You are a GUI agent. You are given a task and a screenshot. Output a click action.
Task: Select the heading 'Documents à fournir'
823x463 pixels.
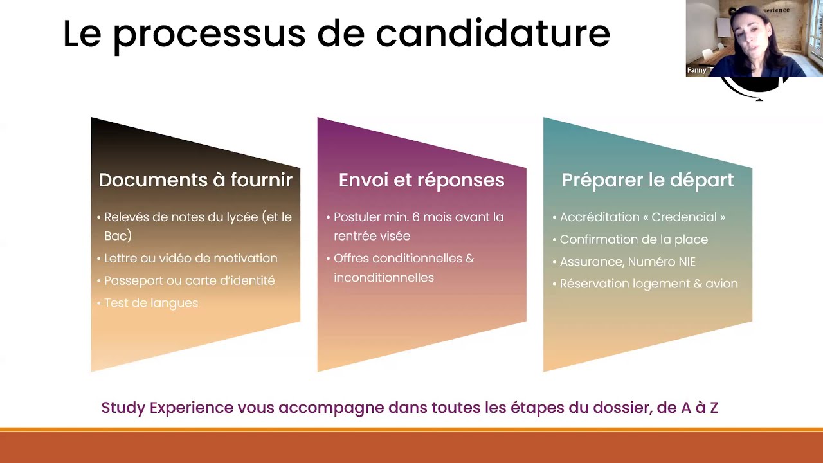click(195, 180)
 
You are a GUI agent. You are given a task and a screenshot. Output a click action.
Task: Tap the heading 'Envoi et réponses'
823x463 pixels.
click(421, 180)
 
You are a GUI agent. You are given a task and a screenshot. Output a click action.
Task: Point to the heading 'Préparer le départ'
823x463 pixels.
click(647, 180)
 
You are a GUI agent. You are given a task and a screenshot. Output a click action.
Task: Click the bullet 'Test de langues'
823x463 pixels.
click(151, 303)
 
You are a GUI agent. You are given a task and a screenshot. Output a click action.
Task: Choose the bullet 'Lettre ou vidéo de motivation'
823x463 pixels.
click(191, 259)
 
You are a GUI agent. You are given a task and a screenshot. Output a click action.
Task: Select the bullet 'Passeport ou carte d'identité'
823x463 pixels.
click(190, 281)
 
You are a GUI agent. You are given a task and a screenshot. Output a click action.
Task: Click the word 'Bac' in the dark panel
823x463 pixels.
click(116, 236)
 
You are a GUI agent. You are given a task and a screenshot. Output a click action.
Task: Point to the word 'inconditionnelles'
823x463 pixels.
click(384, 278)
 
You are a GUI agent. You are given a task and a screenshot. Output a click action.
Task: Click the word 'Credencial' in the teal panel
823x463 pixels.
click(685, 217)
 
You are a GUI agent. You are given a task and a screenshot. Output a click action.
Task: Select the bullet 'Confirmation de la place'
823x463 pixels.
click(634, 240)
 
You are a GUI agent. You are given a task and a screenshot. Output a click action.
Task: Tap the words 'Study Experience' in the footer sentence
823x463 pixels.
click(167, 408)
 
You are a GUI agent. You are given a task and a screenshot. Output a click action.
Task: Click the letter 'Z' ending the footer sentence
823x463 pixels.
click(713, 408)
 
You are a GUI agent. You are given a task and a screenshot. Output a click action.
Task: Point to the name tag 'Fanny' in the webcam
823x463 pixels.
click(696, 70)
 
